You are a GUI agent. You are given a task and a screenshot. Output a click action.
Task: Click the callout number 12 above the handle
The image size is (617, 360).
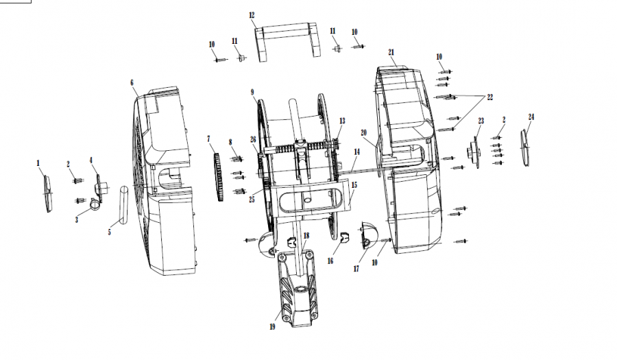click(252, 15)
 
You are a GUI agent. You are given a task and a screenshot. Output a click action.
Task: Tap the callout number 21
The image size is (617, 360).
click(391, 52)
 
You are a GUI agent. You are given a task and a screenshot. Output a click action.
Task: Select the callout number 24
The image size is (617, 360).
click(531, 117)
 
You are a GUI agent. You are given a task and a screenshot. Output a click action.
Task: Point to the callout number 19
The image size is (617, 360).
click(272, 326)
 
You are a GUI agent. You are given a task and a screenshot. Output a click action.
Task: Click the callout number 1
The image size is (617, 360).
click(38, 163)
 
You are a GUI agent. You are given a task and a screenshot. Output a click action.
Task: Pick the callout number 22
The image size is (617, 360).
click(490, 97)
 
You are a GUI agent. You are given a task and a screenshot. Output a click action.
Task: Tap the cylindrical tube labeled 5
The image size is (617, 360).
click(123, 204)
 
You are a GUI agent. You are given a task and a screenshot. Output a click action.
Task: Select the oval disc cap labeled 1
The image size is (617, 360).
click(47, 193)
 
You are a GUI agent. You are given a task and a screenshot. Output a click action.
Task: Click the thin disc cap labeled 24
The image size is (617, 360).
click(525, 148)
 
